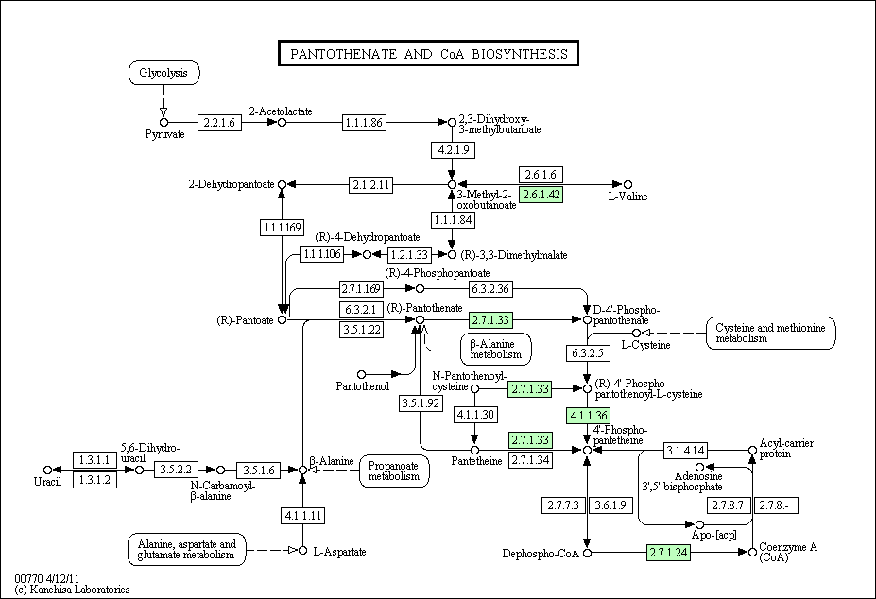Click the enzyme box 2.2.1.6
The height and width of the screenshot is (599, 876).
click(219, 123)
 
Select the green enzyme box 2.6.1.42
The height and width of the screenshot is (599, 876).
click(541, 195)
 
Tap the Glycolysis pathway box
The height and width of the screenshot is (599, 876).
click(164, 73)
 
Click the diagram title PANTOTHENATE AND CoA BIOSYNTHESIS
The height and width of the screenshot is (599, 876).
click(428, 54)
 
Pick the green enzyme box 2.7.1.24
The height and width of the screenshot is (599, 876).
click(668, 553)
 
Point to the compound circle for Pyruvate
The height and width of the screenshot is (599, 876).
click(163, 123)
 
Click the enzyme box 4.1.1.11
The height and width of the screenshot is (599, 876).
click(302, 515)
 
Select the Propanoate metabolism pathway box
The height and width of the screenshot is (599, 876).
click(394, 471)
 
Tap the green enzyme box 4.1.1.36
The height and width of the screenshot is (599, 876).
click(588, 416)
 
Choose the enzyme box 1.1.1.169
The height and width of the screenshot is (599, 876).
click(283, 228)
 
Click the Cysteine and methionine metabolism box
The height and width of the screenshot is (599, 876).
click(771, 333)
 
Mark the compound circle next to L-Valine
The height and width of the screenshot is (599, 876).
click(628, 184)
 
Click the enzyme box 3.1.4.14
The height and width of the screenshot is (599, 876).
click(685, 450)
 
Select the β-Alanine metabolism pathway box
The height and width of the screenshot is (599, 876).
click(496, 350)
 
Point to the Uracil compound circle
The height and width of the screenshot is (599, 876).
click(47, 470)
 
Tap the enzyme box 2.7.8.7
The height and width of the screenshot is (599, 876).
click(729, 505)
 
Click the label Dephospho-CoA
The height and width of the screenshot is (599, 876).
click(541, 554)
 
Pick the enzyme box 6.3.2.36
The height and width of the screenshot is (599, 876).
click(490, 289)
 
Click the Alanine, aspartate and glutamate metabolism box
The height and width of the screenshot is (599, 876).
click(186, 549)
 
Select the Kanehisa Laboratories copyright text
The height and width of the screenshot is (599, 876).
click(72, 590)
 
